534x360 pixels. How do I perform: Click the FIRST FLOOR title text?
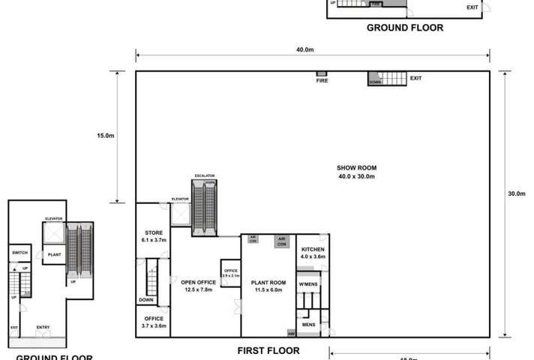[x=268, y=350]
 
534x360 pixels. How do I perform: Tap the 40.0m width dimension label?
[x=304, y=50]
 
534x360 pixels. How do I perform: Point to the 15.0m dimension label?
[x=106, y=136]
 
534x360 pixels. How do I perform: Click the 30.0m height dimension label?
[x=516, y=193]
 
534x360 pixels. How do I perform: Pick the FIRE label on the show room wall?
[x=322, y=80]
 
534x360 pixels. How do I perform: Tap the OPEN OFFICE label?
[x=198, y=286]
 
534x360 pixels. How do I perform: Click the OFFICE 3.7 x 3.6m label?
[x=153, y=322]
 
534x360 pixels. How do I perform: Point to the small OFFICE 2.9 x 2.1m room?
[x=229, y=272]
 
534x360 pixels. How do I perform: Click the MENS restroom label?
[x=308, y=324]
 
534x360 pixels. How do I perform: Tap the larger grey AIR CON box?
[x=282, y=241]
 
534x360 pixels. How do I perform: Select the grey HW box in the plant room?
[x=291, y=332]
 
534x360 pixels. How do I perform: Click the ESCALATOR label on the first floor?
[x=205, y=175]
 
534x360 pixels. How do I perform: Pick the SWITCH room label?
[x=19, y=253]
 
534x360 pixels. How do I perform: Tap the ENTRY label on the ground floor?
[x=43, y=326]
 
